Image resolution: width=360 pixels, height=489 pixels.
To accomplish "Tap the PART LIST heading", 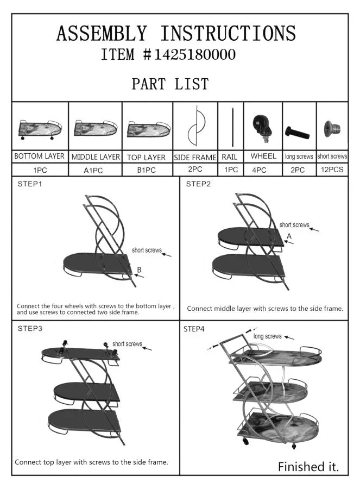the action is point(170,84).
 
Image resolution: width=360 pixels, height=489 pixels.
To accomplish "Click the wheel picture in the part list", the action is point(262,128).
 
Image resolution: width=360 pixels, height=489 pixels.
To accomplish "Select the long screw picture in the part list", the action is point(297,133).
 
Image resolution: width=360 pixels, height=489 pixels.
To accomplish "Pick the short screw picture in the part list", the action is point(332,128).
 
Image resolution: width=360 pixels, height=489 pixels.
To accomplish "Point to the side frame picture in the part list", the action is point(197,126).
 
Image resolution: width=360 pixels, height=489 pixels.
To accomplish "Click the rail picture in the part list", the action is point(232,127).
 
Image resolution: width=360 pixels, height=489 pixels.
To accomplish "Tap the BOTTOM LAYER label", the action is point(39,156).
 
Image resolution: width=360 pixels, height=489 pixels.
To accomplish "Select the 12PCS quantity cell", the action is point(332,170).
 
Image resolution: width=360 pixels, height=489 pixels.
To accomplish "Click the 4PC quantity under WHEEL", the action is point(259,170).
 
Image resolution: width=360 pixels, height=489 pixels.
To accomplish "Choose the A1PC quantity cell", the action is point(93,170).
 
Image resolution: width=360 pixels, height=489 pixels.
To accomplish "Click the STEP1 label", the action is point(30,184).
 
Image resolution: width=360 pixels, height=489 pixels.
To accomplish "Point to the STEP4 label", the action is point(194,329).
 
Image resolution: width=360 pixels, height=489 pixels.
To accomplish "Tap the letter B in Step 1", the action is point(140,269).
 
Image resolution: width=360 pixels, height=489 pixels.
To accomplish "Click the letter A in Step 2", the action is point(289,236).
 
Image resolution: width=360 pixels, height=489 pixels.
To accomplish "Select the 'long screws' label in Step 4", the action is point(268,336).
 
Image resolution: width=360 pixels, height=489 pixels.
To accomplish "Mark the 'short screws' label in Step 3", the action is point(127,344).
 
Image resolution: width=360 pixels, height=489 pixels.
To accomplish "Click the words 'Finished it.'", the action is point(308,467).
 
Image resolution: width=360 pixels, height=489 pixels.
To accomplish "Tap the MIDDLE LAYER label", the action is point(96,157).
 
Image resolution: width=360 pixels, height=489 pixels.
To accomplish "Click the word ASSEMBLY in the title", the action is point(102,33).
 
